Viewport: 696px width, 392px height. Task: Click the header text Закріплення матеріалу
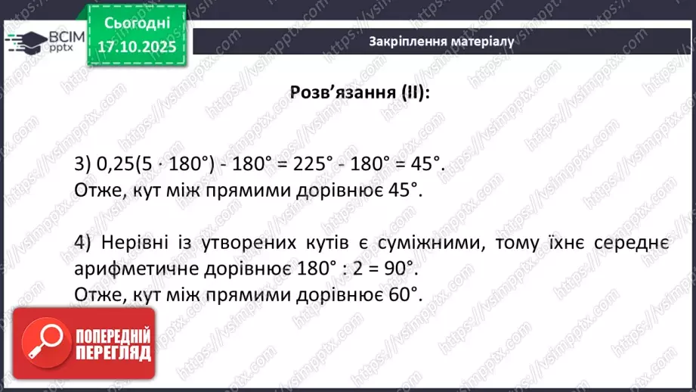pyautogui.click(x=442, y=42)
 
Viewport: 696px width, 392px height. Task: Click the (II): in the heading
pyautogui.click(x=414, y=92)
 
